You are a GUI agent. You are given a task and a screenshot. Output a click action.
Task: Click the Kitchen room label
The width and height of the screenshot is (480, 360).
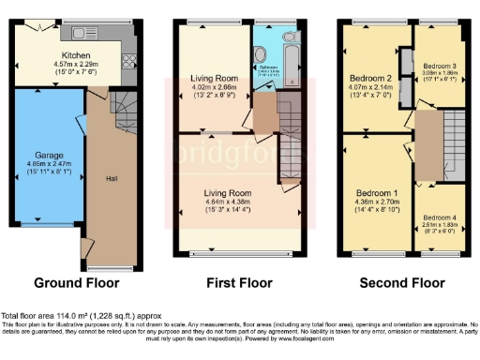[x=75, y=55]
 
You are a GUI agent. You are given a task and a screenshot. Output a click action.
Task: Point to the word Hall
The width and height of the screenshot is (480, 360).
[x=112, y=178]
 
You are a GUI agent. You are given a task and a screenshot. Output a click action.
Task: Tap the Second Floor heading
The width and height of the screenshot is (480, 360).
[x=402, y=282]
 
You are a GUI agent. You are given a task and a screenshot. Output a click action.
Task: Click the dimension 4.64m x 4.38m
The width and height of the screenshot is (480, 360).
[x=232, y=200]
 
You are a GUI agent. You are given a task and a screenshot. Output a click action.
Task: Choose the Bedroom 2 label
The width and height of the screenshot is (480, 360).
[x=372, y=78]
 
